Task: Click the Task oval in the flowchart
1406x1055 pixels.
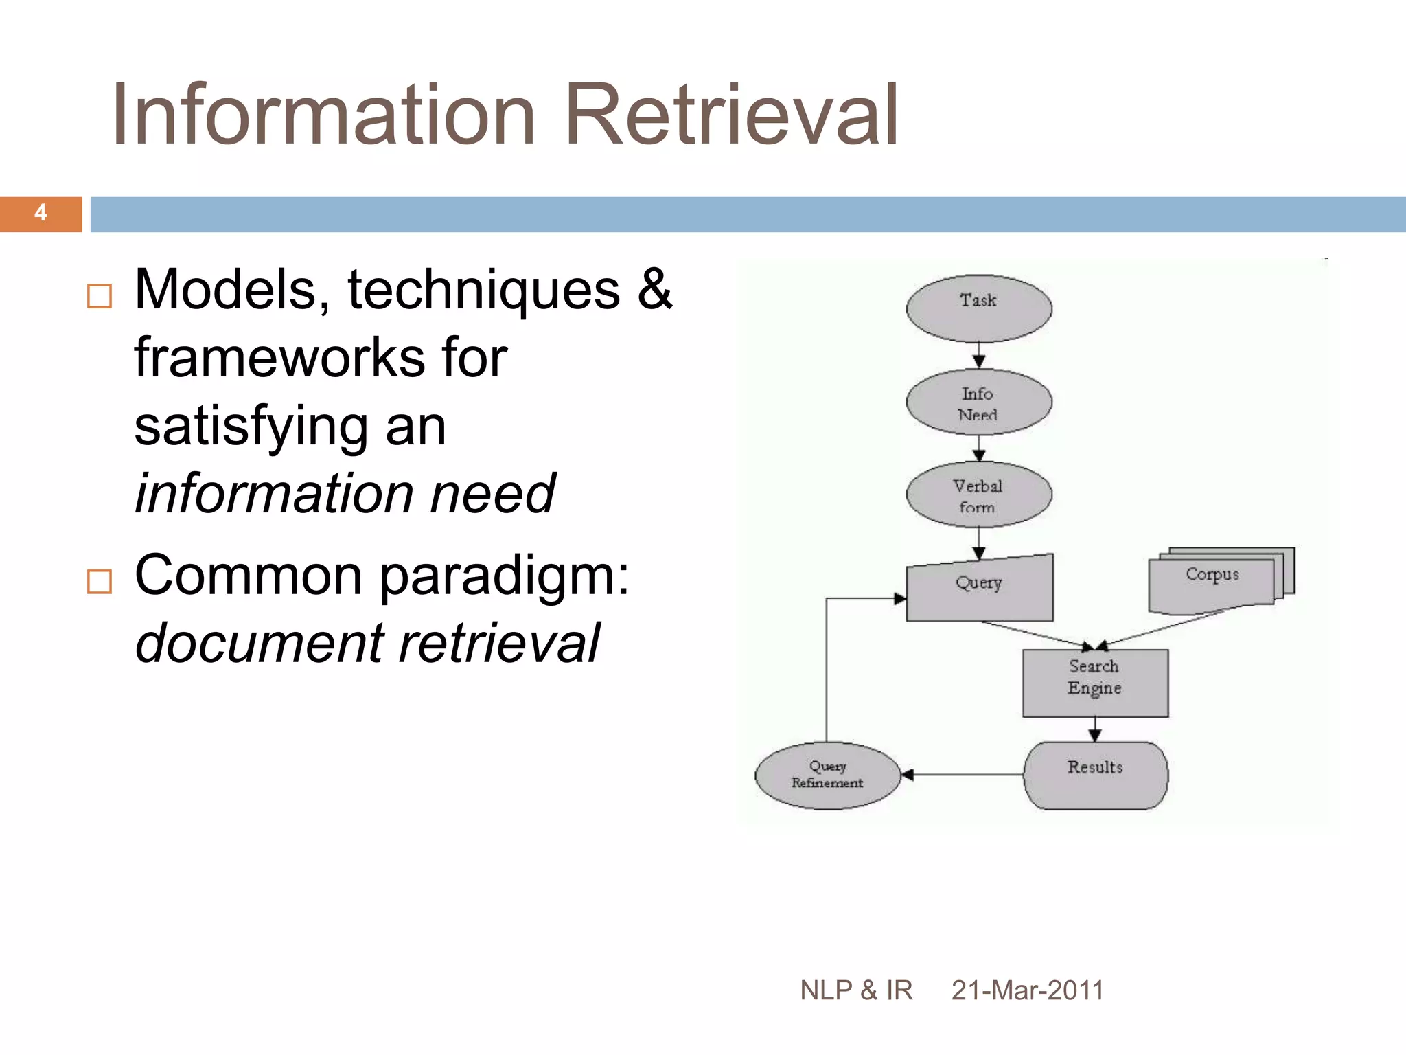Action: pos(978,308)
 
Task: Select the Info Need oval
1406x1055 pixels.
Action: pos(978,402)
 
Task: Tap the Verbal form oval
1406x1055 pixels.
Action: pos(978,495)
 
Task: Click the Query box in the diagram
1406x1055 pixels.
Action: pos(979,589)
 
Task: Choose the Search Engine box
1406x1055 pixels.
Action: pos(1095,683)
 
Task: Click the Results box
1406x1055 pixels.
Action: pos(1096,775)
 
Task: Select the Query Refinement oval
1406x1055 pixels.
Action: pos(827,775)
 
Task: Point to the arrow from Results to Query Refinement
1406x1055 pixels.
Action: pos(961,775)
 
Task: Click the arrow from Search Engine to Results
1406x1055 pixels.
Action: pos(1095,729)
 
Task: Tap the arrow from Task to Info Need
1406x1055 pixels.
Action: pos(979,355)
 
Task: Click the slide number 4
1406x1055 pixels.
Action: pos(41,214)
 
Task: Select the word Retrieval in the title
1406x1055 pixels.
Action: pos(732,115)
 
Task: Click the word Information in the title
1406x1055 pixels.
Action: pos(323,115)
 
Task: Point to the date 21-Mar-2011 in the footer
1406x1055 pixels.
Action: pos(1027,990)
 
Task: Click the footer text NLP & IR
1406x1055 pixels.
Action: pos(856,990)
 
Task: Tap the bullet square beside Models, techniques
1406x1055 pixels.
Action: pos(100,296)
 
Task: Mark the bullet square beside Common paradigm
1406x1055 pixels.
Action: pos(100,582)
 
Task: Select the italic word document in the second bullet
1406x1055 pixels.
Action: pos(260,644)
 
